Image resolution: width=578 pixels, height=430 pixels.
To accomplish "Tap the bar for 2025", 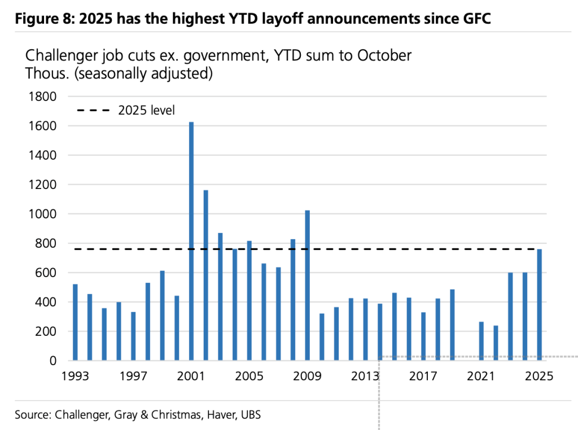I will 539,305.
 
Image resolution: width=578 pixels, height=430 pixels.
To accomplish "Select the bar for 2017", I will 423,336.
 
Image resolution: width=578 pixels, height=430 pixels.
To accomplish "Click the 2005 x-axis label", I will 249,376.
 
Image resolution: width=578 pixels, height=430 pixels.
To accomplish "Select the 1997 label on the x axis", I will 133,376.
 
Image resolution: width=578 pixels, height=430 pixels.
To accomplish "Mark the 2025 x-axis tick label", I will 539,376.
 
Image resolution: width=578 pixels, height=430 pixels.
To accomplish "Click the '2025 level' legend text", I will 146,111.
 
